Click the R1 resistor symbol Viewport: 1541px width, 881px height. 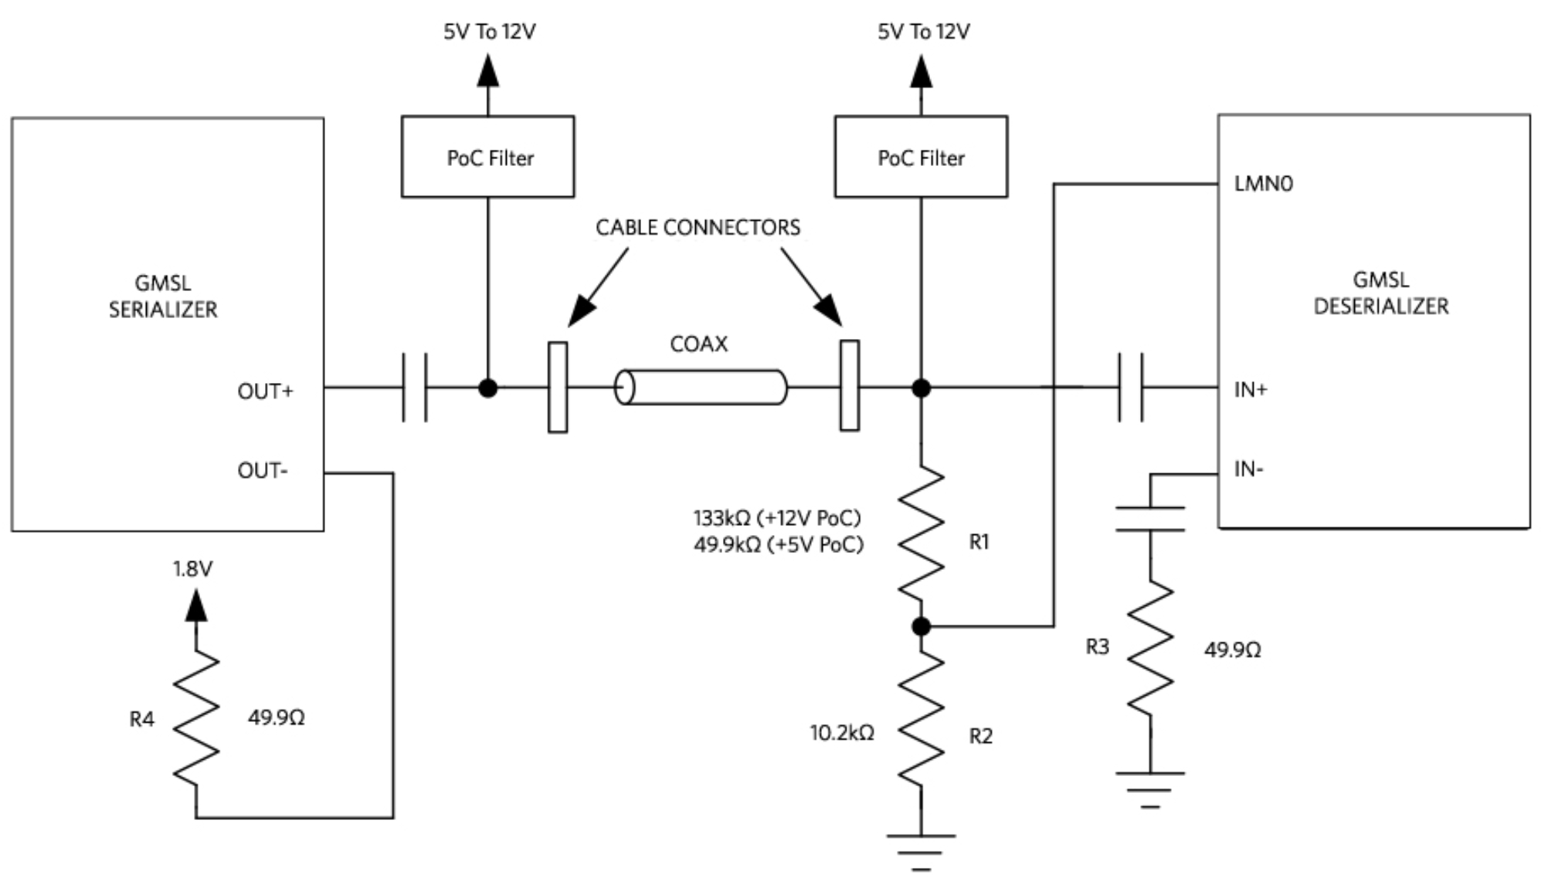[x=921, y=533]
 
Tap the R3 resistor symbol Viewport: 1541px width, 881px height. [x=1150, y=649]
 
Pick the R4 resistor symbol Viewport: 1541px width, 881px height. [x=196, y=718]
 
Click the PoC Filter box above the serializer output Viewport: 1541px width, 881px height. [x=487, y=157]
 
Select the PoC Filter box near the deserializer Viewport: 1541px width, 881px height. [x=921, y=157]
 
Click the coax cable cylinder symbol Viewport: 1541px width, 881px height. [x=700, y=388]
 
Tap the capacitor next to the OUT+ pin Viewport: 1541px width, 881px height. [x=415, y=388]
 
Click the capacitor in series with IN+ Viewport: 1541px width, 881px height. [x=1131, y=388]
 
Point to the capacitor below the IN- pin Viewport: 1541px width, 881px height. [x=1150, y=519]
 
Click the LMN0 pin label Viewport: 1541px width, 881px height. [x=1263, y=184]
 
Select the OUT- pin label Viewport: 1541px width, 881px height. [x=263, y=471]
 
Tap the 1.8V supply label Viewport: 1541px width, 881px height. [x=192, y=569]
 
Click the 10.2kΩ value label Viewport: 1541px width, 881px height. [x=841, y=733]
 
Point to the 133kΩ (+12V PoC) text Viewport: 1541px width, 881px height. [x=777, y=518]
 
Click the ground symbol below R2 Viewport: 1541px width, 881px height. [x=921, y=849]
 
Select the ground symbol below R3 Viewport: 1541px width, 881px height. [x=1150, y=788]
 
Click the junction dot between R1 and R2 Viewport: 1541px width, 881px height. [x=921, y=627]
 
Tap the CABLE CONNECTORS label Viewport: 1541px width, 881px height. [x=698, y=228]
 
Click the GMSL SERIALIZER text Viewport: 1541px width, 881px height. [x=163, y=296]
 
